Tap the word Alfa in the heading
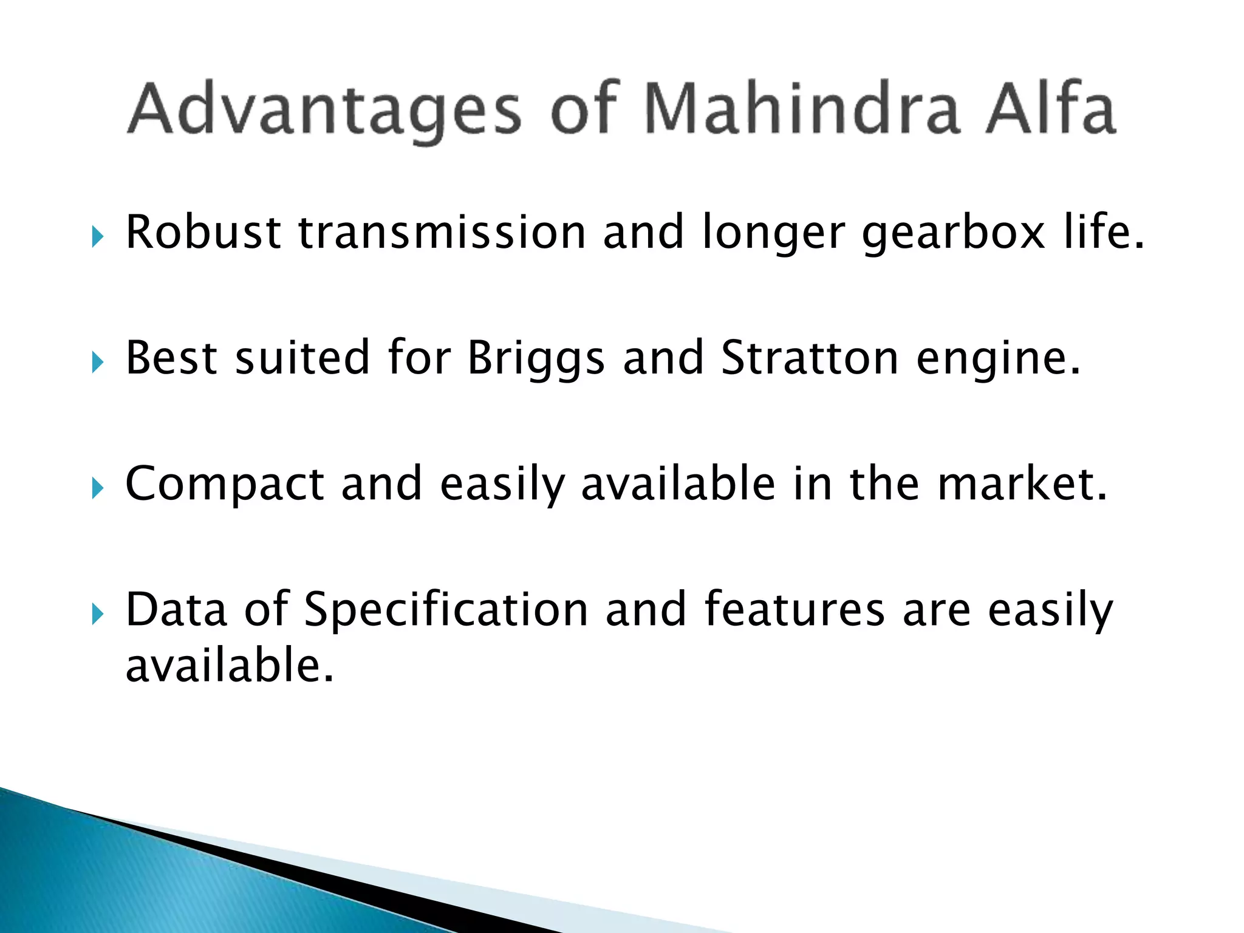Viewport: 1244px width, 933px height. click(x=1051, y=109)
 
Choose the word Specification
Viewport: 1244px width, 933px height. click(x=446, y=610)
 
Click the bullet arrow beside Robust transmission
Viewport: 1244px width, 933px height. click(x=98, y=237)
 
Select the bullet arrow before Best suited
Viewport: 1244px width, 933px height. click(x=98, y=363)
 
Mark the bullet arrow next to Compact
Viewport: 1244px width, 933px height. click(x=98, y=488)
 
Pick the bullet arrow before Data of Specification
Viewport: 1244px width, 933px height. click(x=98, y=613)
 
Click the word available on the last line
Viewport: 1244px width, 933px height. click(x=230, y=665)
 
